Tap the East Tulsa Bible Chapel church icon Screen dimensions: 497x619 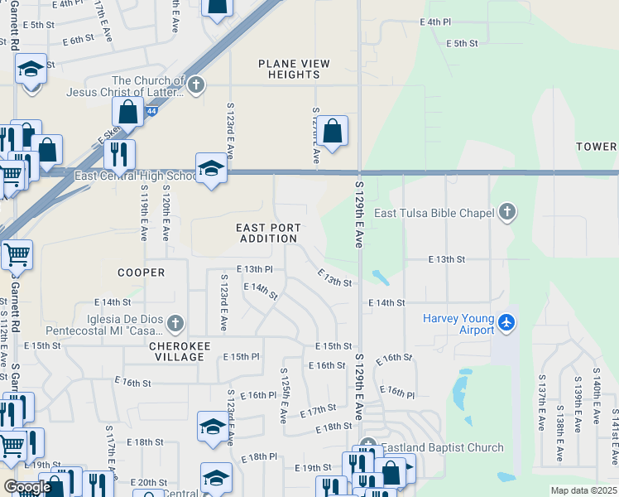[x=507, y=213]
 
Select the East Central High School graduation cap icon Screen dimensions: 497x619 [x=211, y=168]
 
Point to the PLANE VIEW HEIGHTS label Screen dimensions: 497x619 [x=294, y=69]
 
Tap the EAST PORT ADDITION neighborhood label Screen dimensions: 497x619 [x=268, y=233]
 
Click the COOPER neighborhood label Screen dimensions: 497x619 [x=141, y=273]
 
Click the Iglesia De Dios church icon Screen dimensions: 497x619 [x=174, y=322]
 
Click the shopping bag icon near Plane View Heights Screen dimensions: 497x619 [x=332, y=131]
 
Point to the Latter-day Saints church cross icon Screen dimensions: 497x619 [x=196, y=84]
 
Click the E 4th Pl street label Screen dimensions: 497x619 [x=435, y=22]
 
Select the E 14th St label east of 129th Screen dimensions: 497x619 [x=386, y=304]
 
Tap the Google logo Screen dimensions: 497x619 [x=27, y=487]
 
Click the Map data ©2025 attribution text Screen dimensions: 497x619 [x=583, y=490]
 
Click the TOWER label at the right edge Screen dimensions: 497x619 [x=597, y=147]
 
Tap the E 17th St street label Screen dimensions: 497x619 [x=319, y=410]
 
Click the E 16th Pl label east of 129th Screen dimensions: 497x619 [x=397, y=391]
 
